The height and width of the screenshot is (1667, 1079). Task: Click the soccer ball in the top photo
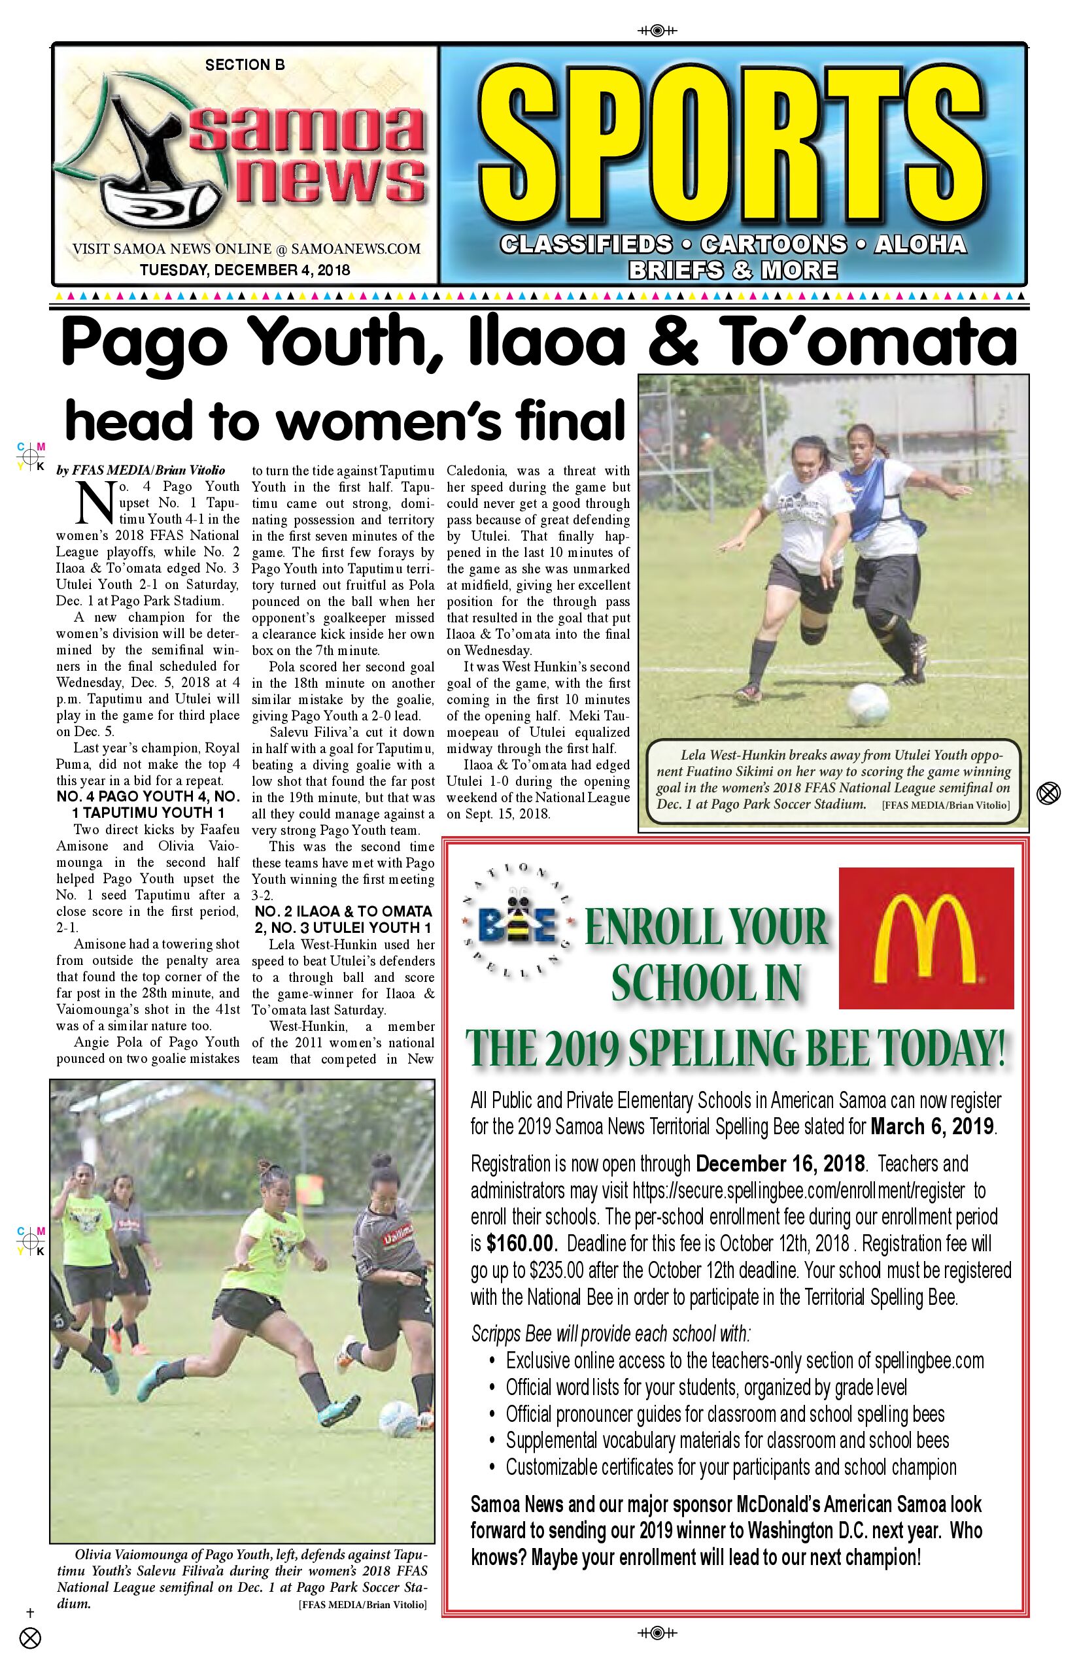pyautogui.click(x=870, y=703)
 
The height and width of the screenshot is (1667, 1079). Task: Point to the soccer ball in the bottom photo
pyautogui.click(x=399, y=1419)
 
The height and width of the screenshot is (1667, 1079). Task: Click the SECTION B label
pyautogui.click(x=245, y=65)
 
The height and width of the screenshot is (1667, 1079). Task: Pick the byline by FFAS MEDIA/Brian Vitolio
pyautogui.click(x=141, y=470)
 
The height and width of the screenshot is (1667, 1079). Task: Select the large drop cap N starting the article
pyautogui.click(x=94, y=502)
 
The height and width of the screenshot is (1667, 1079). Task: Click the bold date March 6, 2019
pyautogui.click(x=933, y=1126)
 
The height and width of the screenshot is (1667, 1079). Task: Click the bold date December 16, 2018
pyautogui.click(x=779, y=1164)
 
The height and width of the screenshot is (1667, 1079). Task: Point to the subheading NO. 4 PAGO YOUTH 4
pyautogui.click(x=148, y=796)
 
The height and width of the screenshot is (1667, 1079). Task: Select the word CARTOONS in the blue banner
pyautogui.click(x=774, y=244)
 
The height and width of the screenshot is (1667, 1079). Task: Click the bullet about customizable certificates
pyautogui.click(x=731, y=1467)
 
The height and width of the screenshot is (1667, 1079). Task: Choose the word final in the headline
pyautogui.click(x=570, y=420)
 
